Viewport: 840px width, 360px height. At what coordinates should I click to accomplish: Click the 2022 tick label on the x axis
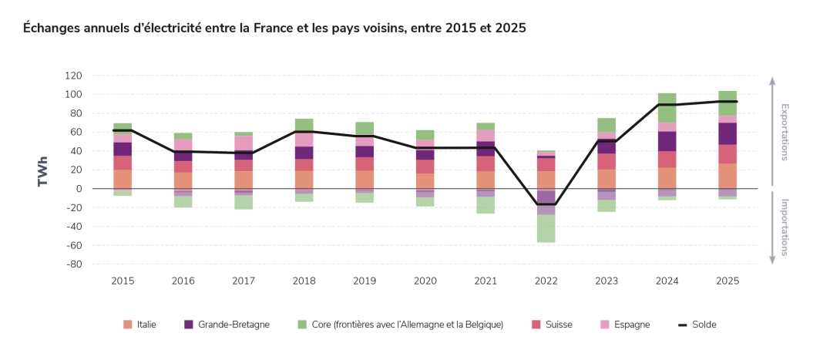(546, 281)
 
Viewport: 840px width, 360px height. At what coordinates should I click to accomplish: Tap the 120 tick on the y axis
(73, 76)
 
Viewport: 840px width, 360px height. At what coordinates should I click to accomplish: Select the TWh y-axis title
(42, 171)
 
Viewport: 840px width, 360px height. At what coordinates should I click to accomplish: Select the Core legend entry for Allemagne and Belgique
(399, 325)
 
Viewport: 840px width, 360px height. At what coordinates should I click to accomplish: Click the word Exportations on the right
(785, 132)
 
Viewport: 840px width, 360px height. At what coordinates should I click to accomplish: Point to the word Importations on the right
(785, 227)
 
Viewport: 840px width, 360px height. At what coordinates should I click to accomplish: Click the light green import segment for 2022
(546, 229)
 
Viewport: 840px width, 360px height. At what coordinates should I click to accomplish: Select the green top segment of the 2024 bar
(667, 107)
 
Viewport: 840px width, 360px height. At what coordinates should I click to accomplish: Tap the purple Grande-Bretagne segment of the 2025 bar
(727, 133)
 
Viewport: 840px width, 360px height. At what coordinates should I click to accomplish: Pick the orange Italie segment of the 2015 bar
(123, 179)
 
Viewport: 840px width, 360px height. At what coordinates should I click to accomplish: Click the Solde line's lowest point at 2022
(546, 204)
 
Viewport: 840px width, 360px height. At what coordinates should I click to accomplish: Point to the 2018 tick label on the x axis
(304, 281)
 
